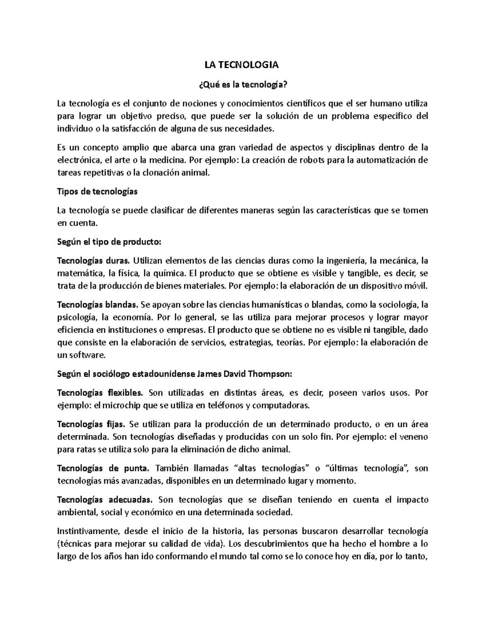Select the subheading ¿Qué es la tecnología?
coord(243,85)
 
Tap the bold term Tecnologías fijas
coord(92,424)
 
